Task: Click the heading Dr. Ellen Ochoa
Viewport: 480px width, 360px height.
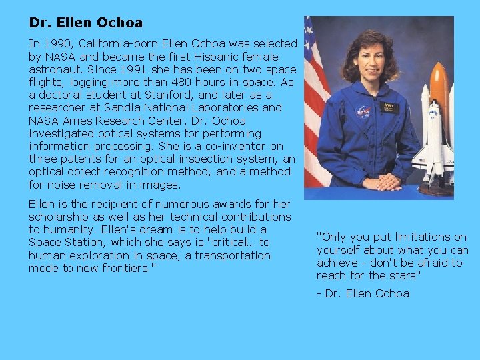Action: click(x=85, y=23)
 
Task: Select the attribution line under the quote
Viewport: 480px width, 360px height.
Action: click(x=363, y=293)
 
